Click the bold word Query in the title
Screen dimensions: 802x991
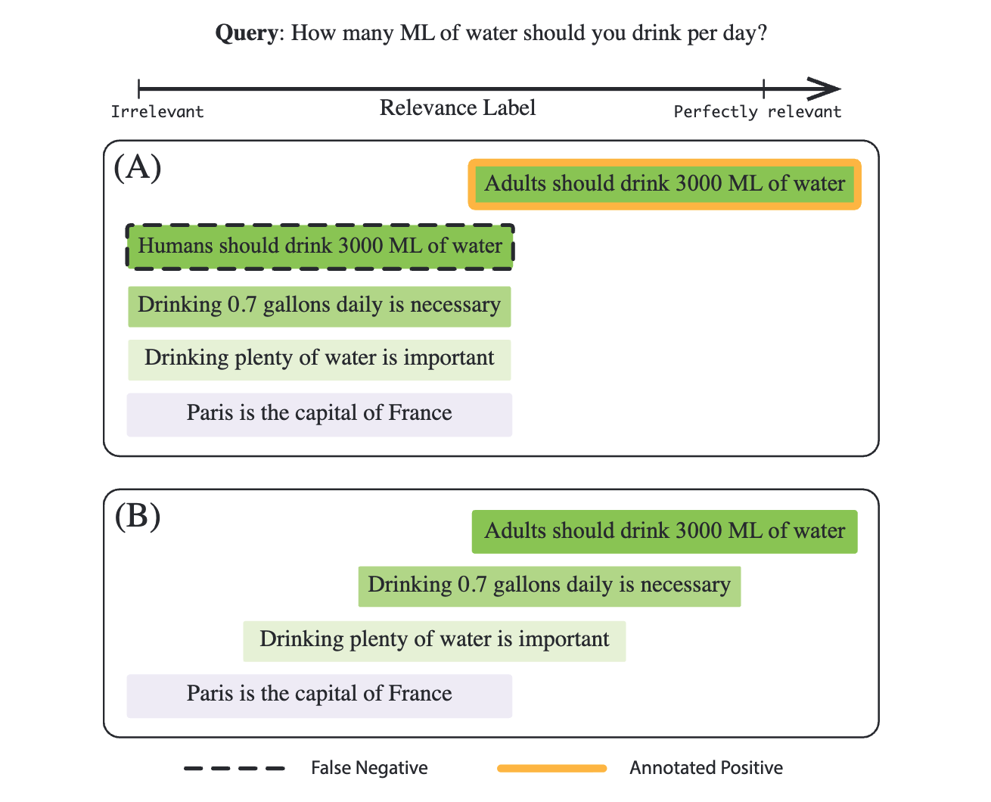(x=247, y=33)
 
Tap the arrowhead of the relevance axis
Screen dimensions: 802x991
(x=825, y=89)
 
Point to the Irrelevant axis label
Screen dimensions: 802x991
(x=157, y=112)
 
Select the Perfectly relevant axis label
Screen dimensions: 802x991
(x=757, y=112)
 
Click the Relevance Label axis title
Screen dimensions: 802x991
(x=458, y=108)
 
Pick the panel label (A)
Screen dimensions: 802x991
(x=138, y=167)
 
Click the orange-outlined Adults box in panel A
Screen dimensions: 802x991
(x=665, y=184)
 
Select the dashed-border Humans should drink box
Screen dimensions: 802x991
(x=320, y=246)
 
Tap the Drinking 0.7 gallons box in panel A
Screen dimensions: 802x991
(x=319, y=306)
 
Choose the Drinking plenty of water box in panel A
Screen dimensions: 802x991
(x=319, y=359)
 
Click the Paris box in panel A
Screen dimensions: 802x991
(x=319, y=414)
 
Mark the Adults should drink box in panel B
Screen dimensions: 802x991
(x=665, y=531)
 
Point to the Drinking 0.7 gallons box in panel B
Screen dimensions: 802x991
(x=549, y=586)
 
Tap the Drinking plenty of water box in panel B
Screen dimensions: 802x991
(x=434, y=640)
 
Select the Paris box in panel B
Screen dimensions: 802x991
(x=319, y=695)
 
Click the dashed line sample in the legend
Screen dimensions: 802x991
(x=235, y=769)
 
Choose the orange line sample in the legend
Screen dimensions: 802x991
(x=552, y=769)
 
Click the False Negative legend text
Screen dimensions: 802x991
(x=369, y=769)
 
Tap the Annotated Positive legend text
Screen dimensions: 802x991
(x=706, y=769)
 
